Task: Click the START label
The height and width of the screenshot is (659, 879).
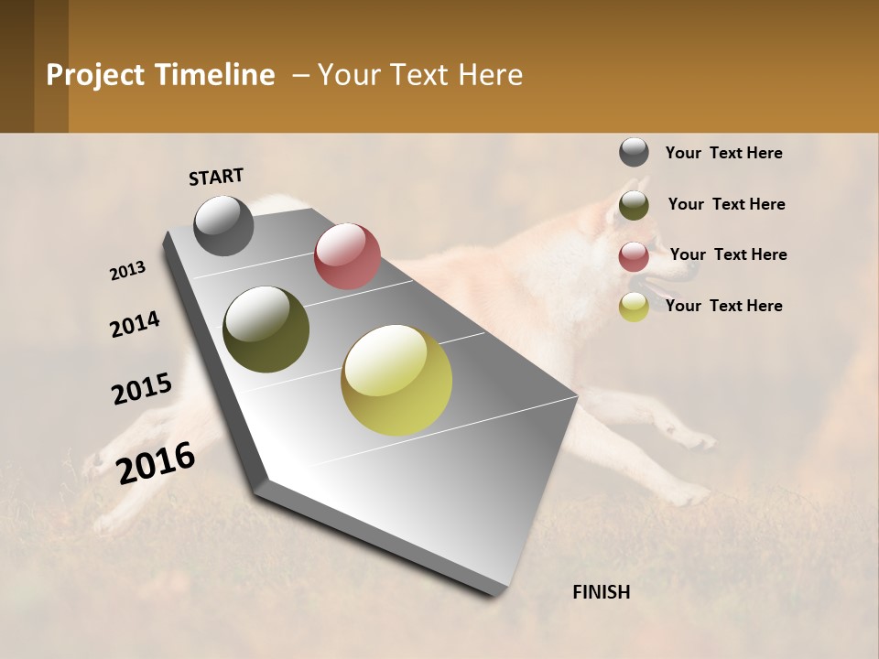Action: pyautogui.click(x=216, y=177)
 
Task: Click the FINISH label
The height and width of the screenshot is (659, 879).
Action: pyautogui.click(x=602, y=592)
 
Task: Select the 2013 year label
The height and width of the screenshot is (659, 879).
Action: pyautogui.click(x=128, y=271)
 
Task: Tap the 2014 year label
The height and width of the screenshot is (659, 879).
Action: pyautogui.click(x=135, y=324)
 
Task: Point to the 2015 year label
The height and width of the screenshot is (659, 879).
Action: pyautogui.click(x=142, y=389)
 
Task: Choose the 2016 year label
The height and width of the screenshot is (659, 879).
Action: pyautogui.click(x=156, y=462)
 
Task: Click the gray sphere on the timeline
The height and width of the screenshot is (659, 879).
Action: pyautogui.click(x=223, y=225)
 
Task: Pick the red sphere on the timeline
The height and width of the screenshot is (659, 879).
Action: pyautogui.click(x=347, y=256)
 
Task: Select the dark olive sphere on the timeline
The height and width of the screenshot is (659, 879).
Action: pyautogui.click(x=266, y=329)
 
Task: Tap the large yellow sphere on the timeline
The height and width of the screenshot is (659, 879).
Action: pyautogui.click(x=396, y=380)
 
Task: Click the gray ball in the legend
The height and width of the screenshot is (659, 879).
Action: pyautogui.click(x=634, y=152)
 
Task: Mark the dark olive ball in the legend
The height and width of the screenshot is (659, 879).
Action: pyautogui.click(x=634, y=205)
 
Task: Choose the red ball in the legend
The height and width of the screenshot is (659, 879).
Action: pyautogui.click(x=634, y=256)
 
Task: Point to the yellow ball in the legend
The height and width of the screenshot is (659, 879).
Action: pyautogui.click(x=634, y=308)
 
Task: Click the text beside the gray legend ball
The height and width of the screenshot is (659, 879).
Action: pyautogui.click(x=723, y=153)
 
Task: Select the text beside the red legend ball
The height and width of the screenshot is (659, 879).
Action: pyautogui.click(x=728, y=254)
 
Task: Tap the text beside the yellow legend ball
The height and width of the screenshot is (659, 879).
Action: pyautogui.click(x=723, y=306)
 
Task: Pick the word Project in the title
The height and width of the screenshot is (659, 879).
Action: pyautogui.click(x=92, y=75)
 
